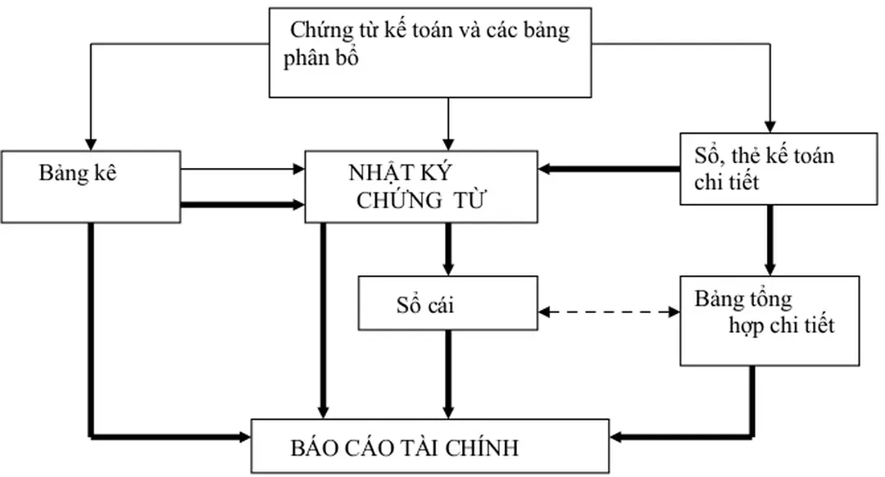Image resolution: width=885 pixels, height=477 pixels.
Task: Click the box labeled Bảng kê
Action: [90, 186]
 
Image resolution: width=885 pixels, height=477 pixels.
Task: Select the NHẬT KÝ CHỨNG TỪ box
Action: [421, 187]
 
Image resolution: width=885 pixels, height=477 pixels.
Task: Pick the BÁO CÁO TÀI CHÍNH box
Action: [430, 447]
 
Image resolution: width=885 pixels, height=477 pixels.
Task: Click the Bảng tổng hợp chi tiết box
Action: [769, 320]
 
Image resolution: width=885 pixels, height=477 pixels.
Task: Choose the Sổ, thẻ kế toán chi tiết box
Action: [767, 169]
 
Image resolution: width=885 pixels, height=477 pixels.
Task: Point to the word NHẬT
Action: [379, 174]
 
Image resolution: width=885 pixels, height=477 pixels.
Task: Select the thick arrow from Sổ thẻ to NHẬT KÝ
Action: [610, 170]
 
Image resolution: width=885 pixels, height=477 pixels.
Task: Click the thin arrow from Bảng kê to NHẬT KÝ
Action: [242, 170]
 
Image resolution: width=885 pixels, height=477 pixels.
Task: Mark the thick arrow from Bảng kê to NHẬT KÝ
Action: [242, 204]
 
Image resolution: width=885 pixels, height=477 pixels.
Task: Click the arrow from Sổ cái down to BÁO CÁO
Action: [448, 373]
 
